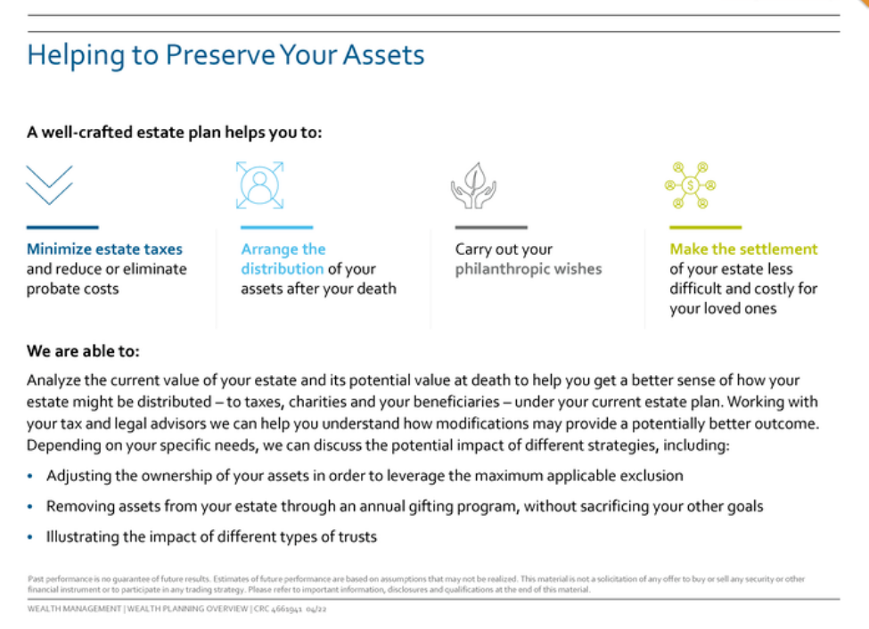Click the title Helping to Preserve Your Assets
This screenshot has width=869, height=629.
pyautogui.click(x=225, y=55)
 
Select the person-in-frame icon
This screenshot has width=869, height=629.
pyautogui.click(x=259, y=185)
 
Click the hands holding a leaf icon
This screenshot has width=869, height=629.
pyautogui.click(x=473, y=185)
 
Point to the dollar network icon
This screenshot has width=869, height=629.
pyautogui.click(x=690, y=185)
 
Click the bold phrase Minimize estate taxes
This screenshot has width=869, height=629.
pyautogui.click(x=104, y=249)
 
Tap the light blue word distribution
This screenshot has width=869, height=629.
pyautogui.click(x=283, y=269)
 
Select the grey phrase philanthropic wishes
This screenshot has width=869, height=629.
pyautogui.click(x=529, y=269)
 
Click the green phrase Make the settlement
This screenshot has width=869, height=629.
pyautogui.click(x=743, y=249)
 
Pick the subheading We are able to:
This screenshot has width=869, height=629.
pyautogui.click(x=83, y=351)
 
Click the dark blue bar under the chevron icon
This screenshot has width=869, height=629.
pyautogui.click(x=62, y=227)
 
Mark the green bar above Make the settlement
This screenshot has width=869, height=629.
pyautogui.click(x=706, y=227)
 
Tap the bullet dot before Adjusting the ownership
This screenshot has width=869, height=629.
pyautogui.click(x=30, y=476)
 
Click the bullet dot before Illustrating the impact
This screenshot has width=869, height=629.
pyautogui.click(x=30, y=537)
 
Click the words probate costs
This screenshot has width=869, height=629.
pyautogui.click(x=72, y=289)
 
